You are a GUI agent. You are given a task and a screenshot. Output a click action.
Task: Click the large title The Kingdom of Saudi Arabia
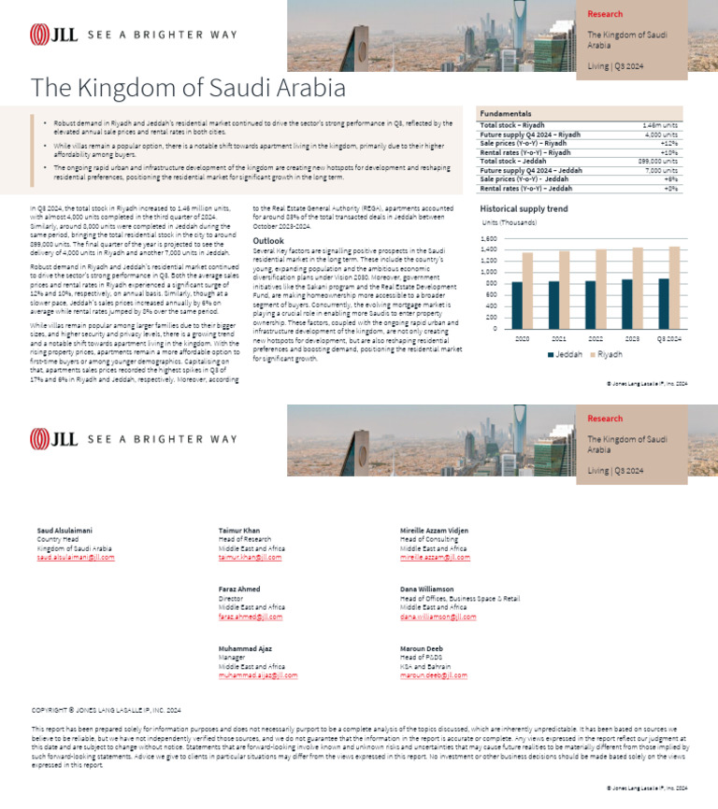(x=188, y=88)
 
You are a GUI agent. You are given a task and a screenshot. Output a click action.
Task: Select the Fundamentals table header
(x=506, y=113)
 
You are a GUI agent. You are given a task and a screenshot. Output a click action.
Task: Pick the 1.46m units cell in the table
(x=660, y=124)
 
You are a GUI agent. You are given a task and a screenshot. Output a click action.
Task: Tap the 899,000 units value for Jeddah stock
(x=657, y=162)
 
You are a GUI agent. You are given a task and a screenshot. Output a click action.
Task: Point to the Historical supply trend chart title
(x=524, y=208)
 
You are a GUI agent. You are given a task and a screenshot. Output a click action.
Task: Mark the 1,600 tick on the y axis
(x=489, y=239)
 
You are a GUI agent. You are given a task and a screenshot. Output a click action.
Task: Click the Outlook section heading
(x=268, y=241)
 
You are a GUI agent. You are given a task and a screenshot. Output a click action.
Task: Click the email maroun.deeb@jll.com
(x=433, y=674)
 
